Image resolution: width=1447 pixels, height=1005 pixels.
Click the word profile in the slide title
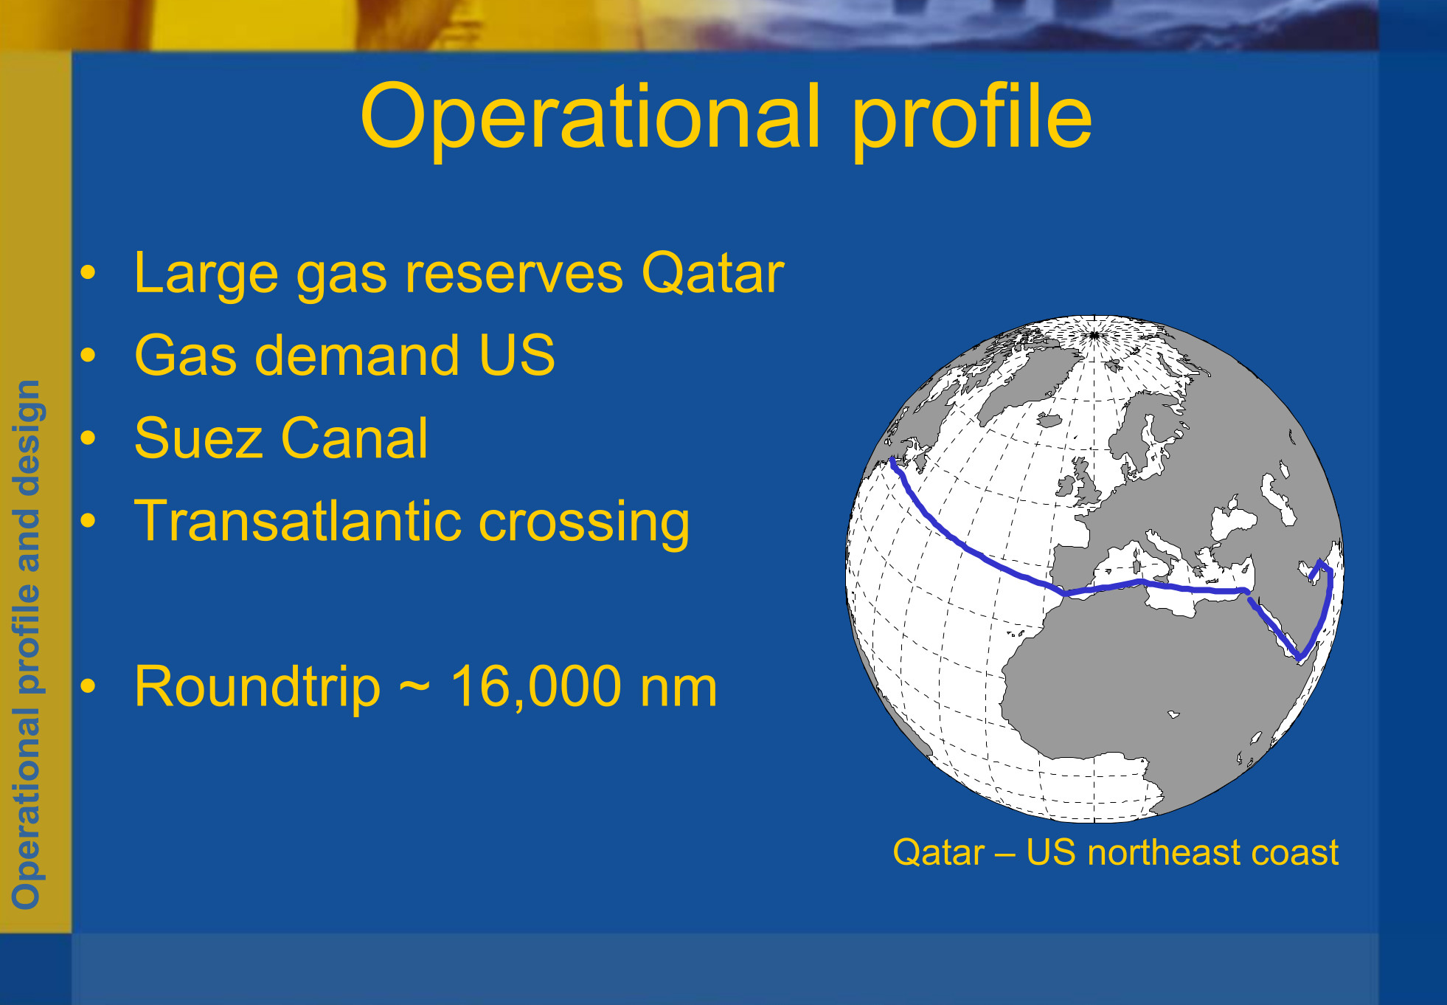[x=971, y=119]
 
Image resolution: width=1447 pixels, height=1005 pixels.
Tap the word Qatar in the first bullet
[x=712, y=272]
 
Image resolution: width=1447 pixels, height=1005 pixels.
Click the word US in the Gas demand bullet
[x=517, y=355]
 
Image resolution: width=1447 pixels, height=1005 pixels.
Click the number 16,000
[x=536, y=687]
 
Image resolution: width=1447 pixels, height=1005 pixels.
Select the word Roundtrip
[x=257, y=688]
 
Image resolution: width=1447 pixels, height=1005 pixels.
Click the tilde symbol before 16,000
[x=415, y=687]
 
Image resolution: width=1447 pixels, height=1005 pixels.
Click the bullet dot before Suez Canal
[x=89, y=438]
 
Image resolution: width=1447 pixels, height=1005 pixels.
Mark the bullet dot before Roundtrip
[x=89, y=686]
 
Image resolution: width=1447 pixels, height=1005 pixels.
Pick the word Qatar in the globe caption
[x=938, y=853]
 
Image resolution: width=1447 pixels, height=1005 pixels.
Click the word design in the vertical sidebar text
[x=28, y=437]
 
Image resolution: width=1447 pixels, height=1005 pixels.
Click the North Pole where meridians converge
[x=1094, y=336]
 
